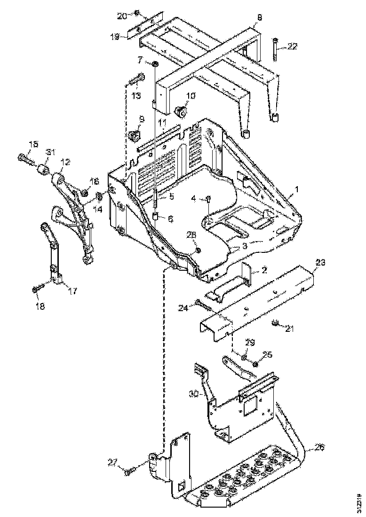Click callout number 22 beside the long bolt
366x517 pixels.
(293, 46)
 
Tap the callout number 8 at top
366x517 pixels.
(258, 18)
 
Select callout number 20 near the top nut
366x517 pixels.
(122, 16)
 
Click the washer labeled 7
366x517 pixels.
(155, 63)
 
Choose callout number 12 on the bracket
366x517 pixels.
(64, 162)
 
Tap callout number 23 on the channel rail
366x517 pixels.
(320, 264)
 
